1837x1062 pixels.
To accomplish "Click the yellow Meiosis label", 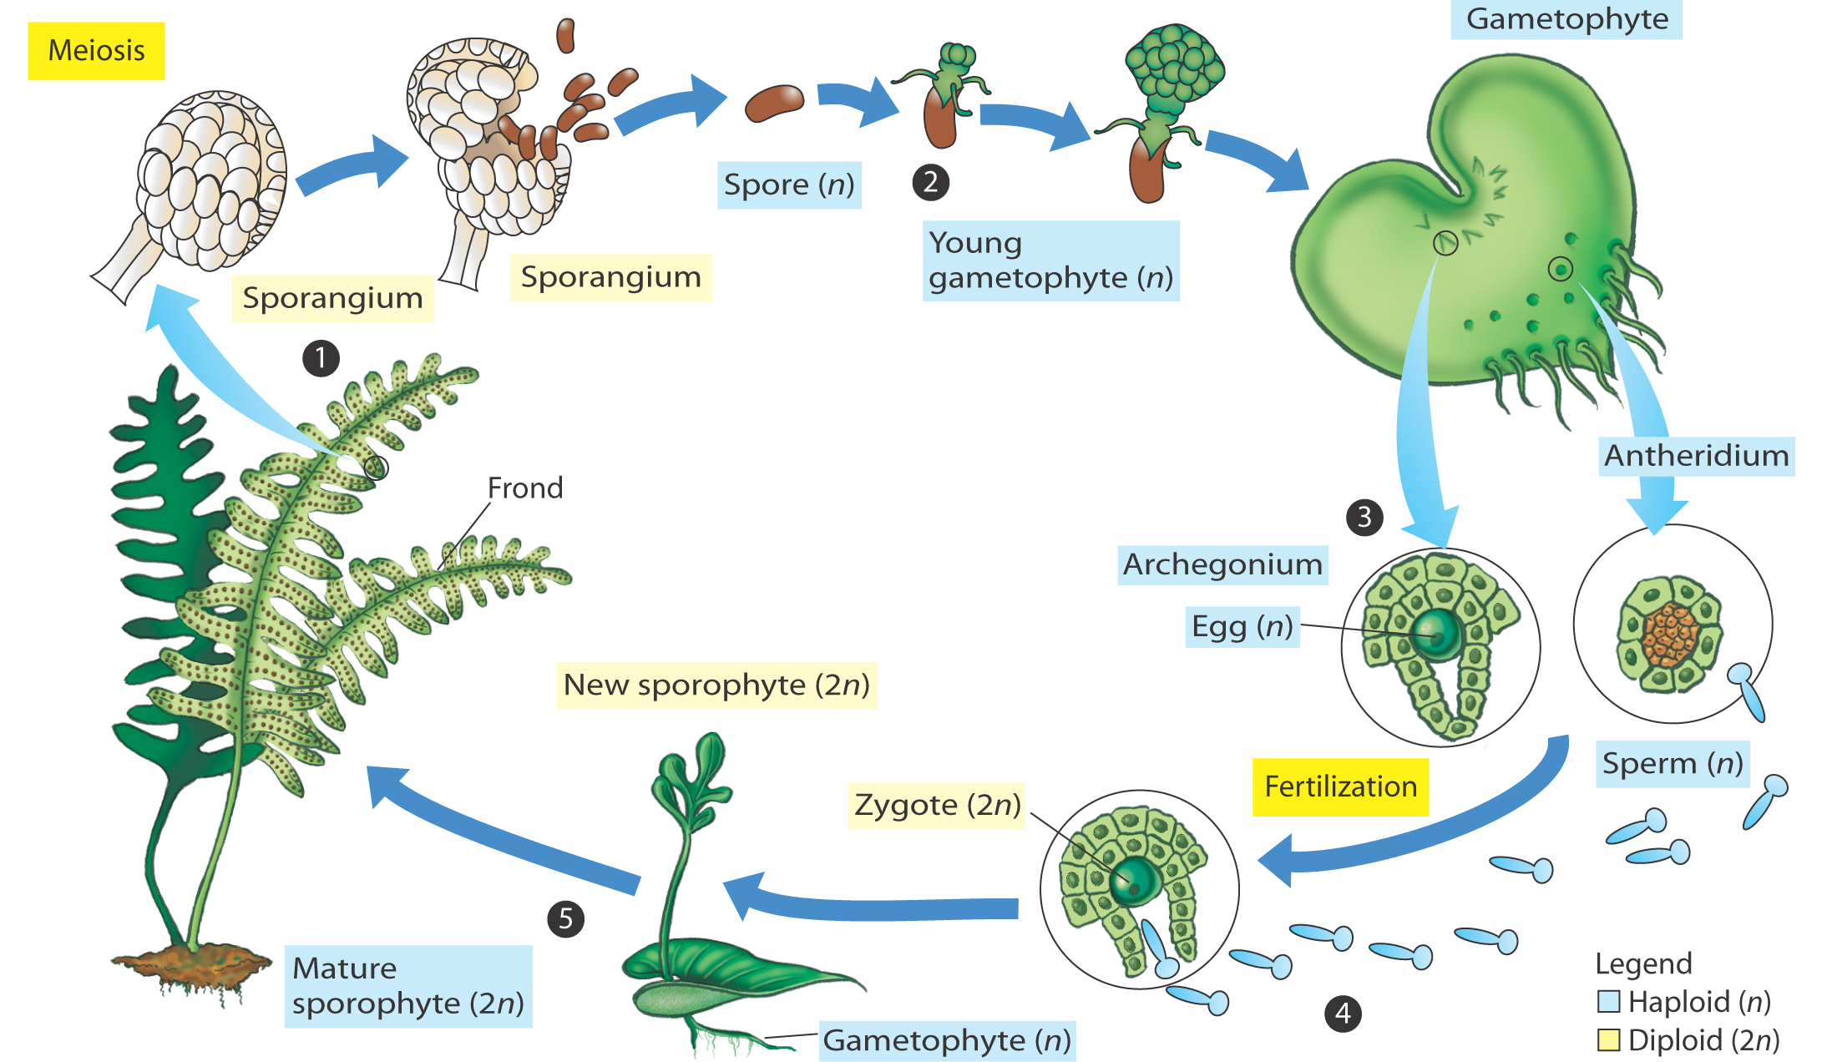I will pyautogui.click(x=96, y=51).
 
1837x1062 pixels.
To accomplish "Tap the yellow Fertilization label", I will pyautogui.click(x=1340, y=786).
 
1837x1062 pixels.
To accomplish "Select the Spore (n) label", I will pyautogui.click(x=789, y=185).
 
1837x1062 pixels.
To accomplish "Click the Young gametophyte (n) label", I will pyautogui.click(x=1050, y=260).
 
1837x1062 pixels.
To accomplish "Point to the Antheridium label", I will pyautogui.click(x=1696, y=456).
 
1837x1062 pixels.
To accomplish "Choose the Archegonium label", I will pyautogui.click(x=1222, y=565).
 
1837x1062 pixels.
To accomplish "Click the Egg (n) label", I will pyautogui.click(x=1242, y=627).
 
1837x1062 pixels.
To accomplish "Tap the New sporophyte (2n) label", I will pyautogui.click(x=716, y=685).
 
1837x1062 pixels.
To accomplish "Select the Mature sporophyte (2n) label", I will pyautogui.click(x=408, y=986).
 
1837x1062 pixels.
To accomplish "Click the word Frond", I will pyautogui.click(x=525, y=488).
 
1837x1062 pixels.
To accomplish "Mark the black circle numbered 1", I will pyautogui.click(x=321, y=358).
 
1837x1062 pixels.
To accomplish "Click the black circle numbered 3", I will pyautogui.click(x=1364, y=518).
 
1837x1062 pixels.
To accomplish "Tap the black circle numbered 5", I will pyautogui.click(x=565, y=919).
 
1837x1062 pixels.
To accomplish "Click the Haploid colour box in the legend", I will pyautogui.click(x=1608, y=1001).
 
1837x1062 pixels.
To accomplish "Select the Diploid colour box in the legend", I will pyautogui.click(x=1608, y=1040).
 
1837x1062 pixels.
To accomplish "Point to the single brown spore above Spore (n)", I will pyautogui.click(x=774, y=103).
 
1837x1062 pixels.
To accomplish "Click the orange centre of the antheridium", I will pyautogui.click(x=1670, y=635).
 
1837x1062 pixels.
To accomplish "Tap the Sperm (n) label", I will pyautogui.click(x=1673, y=764).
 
